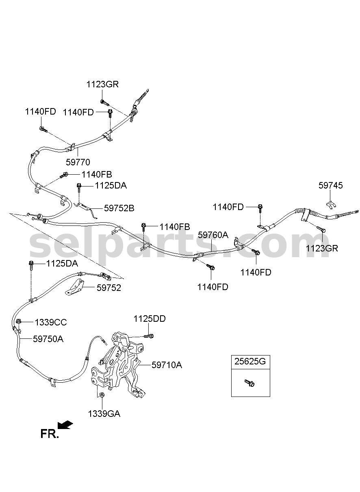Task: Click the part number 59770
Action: (x=78, y=163)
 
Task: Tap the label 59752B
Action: (x=119, y=208)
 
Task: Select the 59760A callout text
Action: (x=213, y=235)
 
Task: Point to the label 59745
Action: (x=331, y=186)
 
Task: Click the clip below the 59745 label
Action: (x=330, y=205)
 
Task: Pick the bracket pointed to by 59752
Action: (x=74, y=287)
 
